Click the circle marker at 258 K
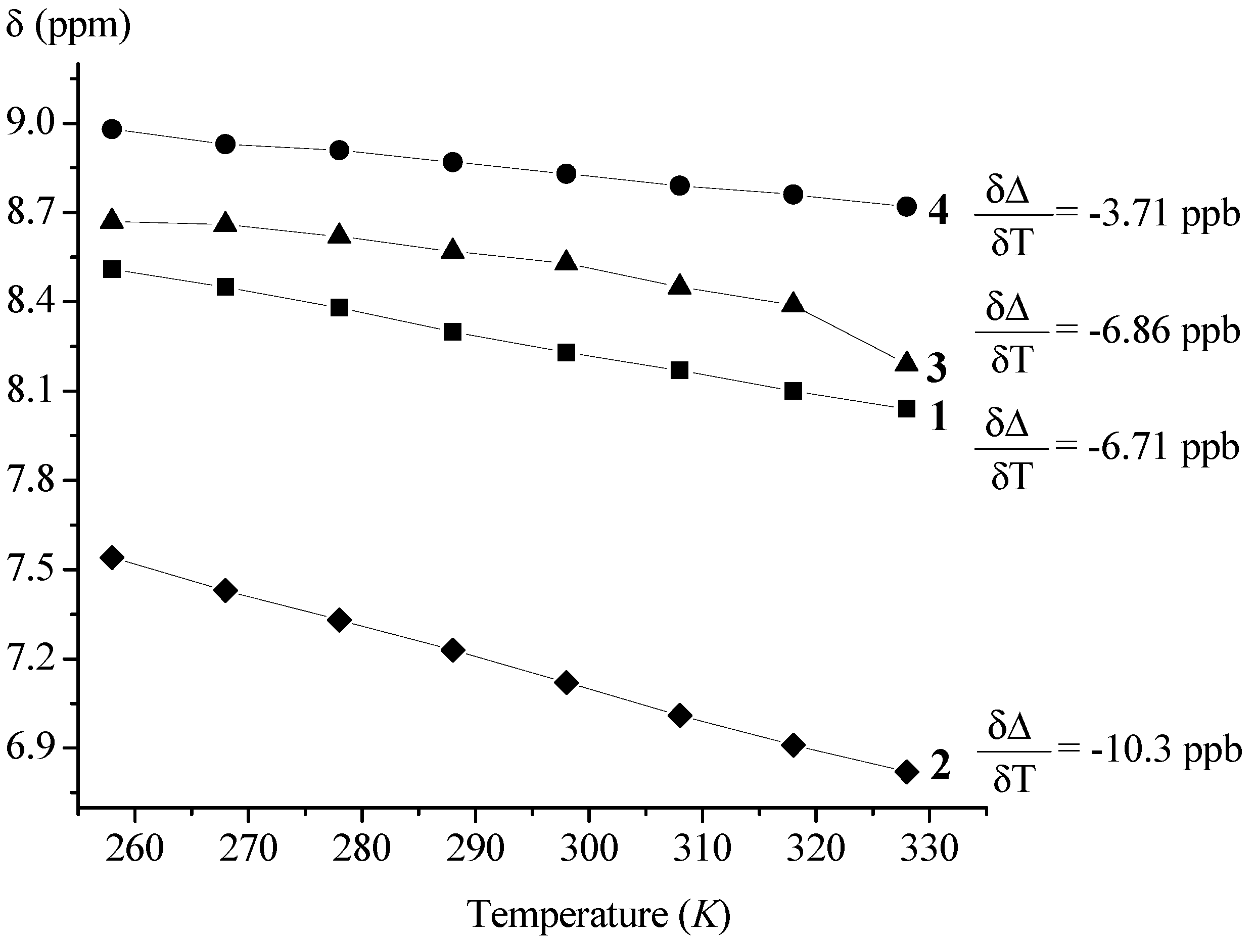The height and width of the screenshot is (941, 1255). [x=112, y=129]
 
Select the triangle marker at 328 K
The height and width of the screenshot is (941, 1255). [x=906, y=362]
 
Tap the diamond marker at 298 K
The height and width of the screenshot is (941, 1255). [x=566, y=682]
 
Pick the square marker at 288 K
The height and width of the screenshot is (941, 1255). [x=453, y=332]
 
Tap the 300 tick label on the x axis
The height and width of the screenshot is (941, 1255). [x=588, y=849]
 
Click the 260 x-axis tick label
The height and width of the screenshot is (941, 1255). [x=134, y=849]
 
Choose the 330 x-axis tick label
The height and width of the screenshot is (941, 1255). [x=929, y=849]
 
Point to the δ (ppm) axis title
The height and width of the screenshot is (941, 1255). [x=68, y=26]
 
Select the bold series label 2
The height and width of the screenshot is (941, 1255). [x=940, y=766]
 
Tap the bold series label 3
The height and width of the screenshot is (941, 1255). [x=937, y=367]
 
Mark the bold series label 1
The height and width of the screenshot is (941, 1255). [x=939, y=417]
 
